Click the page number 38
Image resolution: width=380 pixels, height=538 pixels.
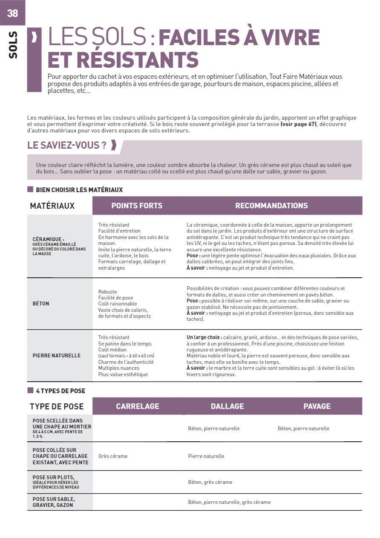[13, 13]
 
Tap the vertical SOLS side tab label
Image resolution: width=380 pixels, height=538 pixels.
[13, 45]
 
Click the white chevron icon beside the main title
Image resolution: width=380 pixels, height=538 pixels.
[34, 37]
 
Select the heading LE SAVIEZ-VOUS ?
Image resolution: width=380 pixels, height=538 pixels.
[67, 145]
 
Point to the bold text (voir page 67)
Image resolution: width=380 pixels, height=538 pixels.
[298, 124]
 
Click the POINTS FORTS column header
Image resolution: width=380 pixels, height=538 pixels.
[137, 206]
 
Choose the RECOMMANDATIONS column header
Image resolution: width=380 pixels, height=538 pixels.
[271, 206]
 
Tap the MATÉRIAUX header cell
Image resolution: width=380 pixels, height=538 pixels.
[52, 206]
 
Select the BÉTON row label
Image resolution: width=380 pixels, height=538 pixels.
[41, 304]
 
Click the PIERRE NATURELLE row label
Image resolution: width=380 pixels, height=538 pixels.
[57, 356]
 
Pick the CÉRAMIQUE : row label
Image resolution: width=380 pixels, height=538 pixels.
[49, 239]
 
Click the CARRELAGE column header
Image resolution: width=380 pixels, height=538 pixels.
[138, 406]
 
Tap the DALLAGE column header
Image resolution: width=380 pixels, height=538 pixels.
[227, 406]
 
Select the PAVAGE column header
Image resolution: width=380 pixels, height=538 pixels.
[317, 406]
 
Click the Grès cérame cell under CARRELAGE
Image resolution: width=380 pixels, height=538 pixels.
[113, 456]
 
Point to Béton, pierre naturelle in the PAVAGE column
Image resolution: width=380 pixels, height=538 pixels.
[303, 429]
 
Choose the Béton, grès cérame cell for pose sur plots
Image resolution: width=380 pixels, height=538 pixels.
[210, 482]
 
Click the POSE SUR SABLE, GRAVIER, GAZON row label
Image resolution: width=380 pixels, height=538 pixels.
[54, 502]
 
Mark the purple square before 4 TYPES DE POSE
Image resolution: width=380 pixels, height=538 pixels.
[30, 391]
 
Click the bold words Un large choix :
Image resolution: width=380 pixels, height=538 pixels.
[204, 337]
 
